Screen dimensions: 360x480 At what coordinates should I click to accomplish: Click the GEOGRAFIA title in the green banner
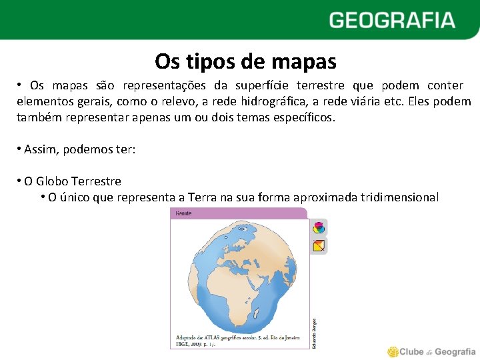[x=391, y=20]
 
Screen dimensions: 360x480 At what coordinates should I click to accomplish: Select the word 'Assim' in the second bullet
[x=41, y=149]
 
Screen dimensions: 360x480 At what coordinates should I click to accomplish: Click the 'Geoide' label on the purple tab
[x=183, y=214]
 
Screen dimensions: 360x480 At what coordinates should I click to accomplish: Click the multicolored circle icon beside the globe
[x=319, y=227]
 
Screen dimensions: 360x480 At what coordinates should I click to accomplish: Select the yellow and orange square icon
[x=319, y=245]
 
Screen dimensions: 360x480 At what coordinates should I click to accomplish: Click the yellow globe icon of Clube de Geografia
[x=393, y=351]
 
